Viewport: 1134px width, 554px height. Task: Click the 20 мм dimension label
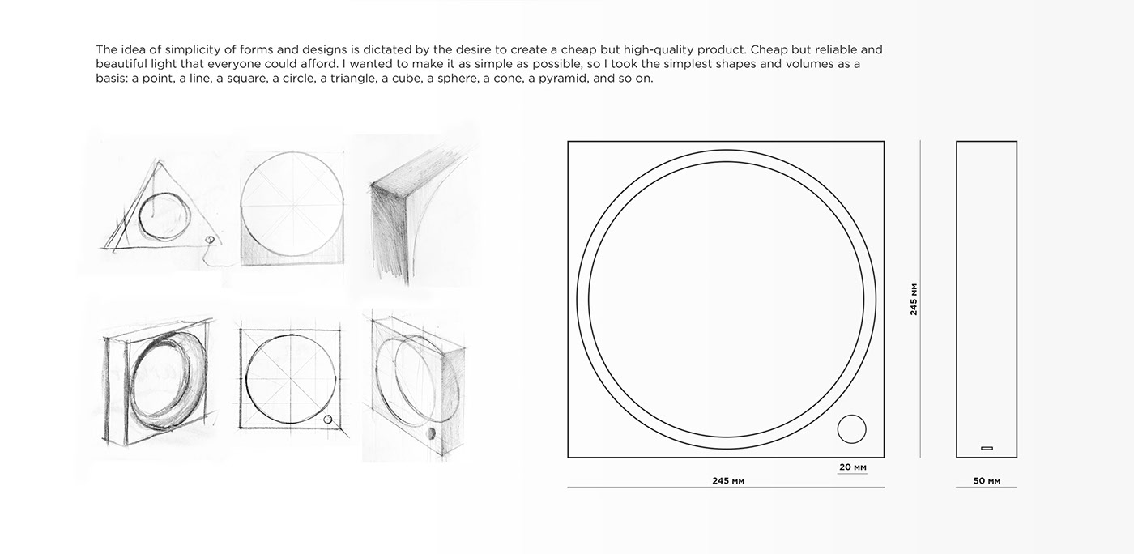click(851, 467)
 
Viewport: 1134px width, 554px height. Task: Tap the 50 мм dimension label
click(986, 481)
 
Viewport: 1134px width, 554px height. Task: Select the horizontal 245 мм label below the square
click(727, 481)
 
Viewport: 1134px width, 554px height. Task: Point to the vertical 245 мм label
click(914, 299)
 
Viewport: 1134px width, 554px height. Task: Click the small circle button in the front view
click(851, 430)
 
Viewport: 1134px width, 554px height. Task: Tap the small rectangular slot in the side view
click(986, 448)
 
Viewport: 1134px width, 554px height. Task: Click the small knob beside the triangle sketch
click(211, 241)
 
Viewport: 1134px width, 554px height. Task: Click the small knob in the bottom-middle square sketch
click(327, 420)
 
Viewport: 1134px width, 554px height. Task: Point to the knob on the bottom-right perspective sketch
click(428, 435)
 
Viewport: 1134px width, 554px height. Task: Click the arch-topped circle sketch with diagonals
click(292, 211)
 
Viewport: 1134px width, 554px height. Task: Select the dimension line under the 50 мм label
click(986, 488)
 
